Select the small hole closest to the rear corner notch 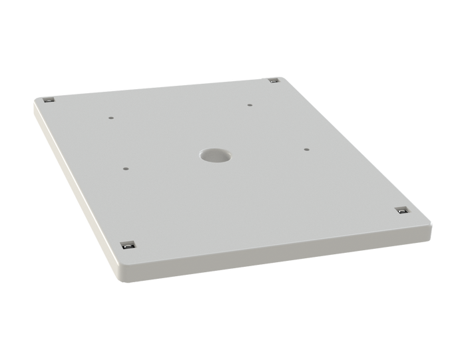pos(249,104)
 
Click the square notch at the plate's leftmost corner pos(48,100)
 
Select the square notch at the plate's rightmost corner pos(401,210)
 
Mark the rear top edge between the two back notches pos(160,87)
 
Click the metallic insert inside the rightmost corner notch pos(401,212)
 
